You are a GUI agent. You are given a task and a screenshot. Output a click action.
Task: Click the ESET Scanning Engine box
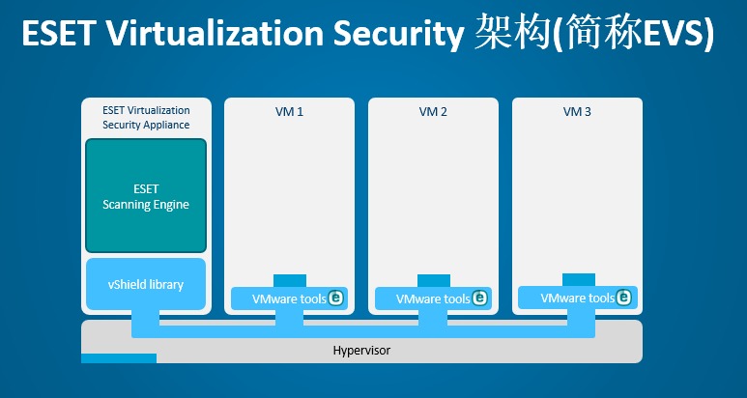point(146,196)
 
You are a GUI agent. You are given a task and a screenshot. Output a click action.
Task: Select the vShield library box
point(146,284)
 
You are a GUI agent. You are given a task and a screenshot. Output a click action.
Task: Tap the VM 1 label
point(289,112)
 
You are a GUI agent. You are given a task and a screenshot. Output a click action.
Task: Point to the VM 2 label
point(433,112)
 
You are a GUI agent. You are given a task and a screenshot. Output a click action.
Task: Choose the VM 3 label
point(577,112)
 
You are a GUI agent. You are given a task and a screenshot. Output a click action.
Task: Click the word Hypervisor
point(361,351)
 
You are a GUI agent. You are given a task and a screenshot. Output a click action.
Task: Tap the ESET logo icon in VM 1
point(336,298)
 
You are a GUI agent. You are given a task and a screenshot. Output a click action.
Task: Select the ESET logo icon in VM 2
point(479,298)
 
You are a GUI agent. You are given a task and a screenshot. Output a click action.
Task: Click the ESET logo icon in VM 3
point(623,298)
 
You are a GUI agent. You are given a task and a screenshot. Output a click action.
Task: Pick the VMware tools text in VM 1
point(289,298)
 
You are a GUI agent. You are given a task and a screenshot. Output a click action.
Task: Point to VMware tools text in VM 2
point(433,298)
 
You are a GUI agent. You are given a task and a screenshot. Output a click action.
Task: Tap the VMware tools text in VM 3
point(577,298)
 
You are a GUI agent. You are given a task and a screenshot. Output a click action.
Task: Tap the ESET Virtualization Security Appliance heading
point(146,118)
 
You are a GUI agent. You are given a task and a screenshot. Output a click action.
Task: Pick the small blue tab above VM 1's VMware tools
point(290,280)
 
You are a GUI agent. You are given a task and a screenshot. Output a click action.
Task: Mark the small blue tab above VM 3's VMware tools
point(579,279)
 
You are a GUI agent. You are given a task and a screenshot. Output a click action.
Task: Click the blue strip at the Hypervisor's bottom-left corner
point(119,358)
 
